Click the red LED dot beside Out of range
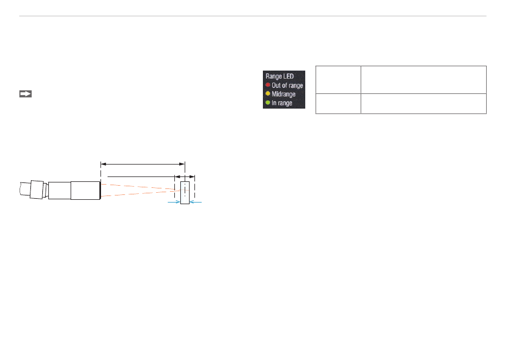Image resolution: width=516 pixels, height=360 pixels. pyautogui.click(x=268, y=85)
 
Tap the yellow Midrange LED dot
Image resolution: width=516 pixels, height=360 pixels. pyautogui.click(x=268, y=94)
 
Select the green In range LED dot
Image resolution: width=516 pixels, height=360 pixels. pyautogui.click(x=268, y=103)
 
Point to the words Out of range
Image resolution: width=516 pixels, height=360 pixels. pyautogui.click(x=287, y=85)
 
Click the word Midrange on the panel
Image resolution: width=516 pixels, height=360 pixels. pyautogui.click(x=284, y=94)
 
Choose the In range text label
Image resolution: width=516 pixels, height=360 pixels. pyautogui.click(x=282, y=103)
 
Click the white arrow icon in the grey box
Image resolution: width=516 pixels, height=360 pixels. pyautogui.click(x=26, y=93)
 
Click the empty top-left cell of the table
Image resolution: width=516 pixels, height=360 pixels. pyautogui.click(x=338, y=79)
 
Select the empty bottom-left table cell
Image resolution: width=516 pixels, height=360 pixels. pyautogui.click(x=338, y=103)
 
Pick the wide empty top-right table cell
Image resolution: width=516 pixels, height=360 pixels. pyautogui.click(x=423, y=79)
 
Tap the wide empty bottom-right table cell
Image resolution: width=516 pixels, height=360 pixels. pyautogui.click(x=423, y=103)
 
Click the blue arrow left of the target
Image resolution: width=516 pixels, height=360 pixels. pyautogui.click(x=174, y=202)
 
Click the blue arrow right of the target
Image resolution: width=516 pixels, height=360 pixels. pyautogui.click(x=196, y=202)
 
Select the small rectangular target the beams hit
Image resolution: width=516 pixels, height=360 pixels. pyautogui.click(x=185, y=193)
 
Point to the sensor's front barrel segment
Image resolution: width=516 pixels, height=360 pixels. pyautogui.click(x=85, y=190)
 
